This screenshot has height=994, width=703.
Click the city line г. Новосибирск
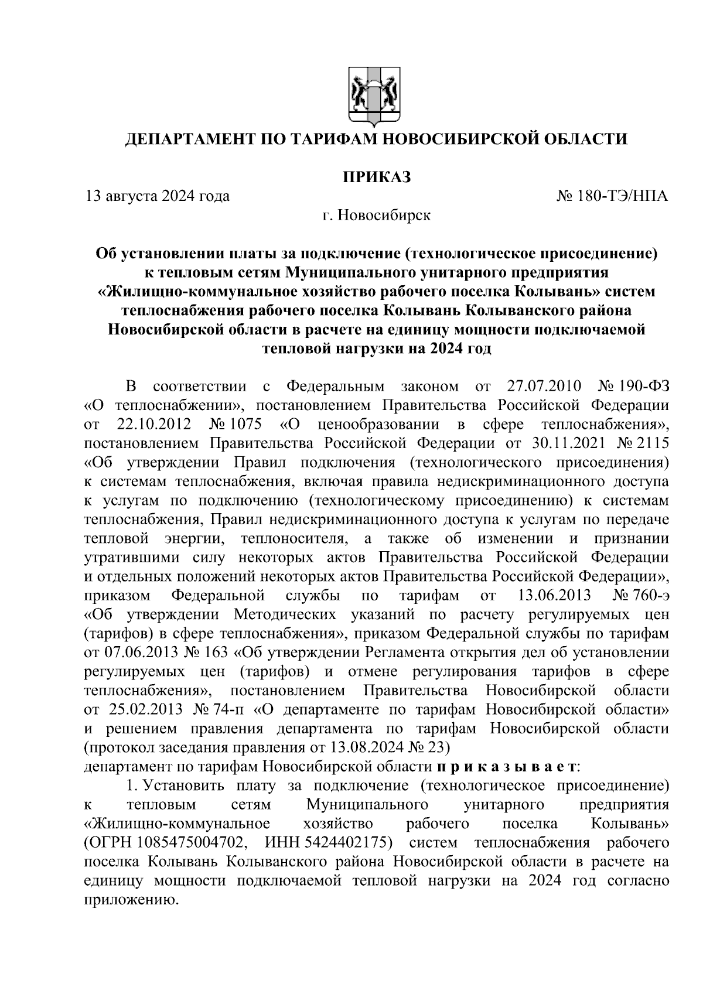pyautogui.click(x=376, y=215)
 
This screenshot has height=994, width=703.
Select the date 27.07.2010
pyautogui.click(x=542, y=387)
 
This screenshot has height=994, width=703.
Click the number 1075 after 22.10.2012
pyautogui.click(x=245, y=424)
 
